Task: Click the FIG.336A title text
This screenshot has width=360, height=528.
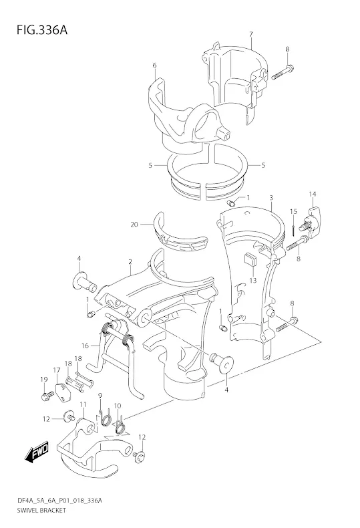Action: pos(42,30)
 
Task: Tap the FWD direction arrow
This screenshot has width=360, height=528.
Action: pos(36,450)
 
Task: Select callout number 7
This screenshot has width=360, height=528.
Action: pos(251,34)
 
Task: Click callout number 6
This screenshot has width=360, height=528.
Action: pos(154,65)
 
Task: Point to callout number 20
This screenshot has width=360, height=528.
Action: pos(134,225)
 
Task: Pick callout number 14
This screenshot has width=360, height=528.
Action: pos(313,194)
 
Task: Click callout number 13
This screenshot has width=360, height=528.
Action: pos(252,281)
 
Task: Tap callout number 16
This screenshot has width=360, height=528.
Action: pos(85,346)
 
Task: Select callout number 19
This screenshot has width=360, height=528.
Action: pos(44,380)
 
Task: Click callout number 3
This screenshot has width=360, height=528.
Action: pos(271,197)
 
